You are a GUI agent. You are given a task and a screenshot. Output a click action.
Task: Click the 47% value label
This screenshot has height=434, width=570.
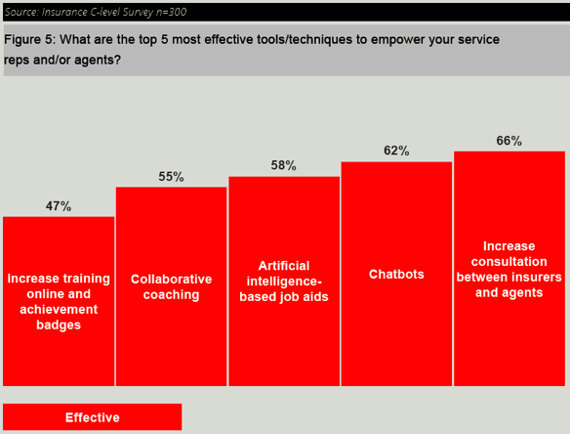click(x=59, y=207)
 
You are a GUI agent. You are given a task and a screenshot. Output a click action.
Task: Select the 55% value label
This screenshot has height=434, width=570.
click(x=171, y=177)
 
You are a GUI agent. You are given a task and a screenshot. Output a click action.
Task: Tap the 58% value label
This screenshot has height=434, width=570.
click(x=283, y=166)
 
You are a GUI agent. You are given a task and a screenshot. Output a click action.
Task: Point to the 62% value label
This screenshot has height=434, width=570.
click(x=396, y=152)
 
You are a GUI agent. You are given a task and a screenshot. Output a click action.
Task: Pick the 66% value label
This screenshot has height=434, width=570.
click(x=509, y=141)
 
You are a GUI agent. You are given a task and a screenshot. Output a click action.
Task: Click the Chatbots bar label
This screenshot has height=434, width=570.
click(x=396, y=275)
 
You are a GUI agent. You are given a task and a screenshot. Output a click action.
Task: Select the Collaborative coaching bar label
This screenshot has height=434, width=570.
click(x=171, y=286)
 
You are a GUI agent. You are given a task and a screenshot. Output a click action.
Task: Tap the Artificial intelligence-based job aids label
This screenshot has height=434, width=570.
click(x=283, y=282)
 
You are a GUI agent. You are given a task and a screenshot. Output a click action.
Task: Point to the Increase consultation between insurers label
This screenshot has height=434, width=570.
click(x=509, y=269)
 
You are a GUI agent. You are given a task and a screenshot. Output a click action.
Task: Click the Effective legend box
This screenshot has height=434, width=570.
click(x=93, y=417)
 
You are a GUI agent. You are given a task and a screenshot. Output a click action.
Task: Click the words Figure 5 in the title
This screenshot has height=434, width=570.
click(x=30, y=40)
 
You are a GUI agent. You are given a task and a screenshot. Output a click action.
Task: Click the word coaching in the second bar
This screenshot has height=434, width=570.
click(x=171, y=295)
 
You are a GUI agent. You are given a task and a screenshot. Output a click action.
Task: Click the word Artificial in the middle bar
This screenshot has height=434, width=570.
click(x=283, y=266)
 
